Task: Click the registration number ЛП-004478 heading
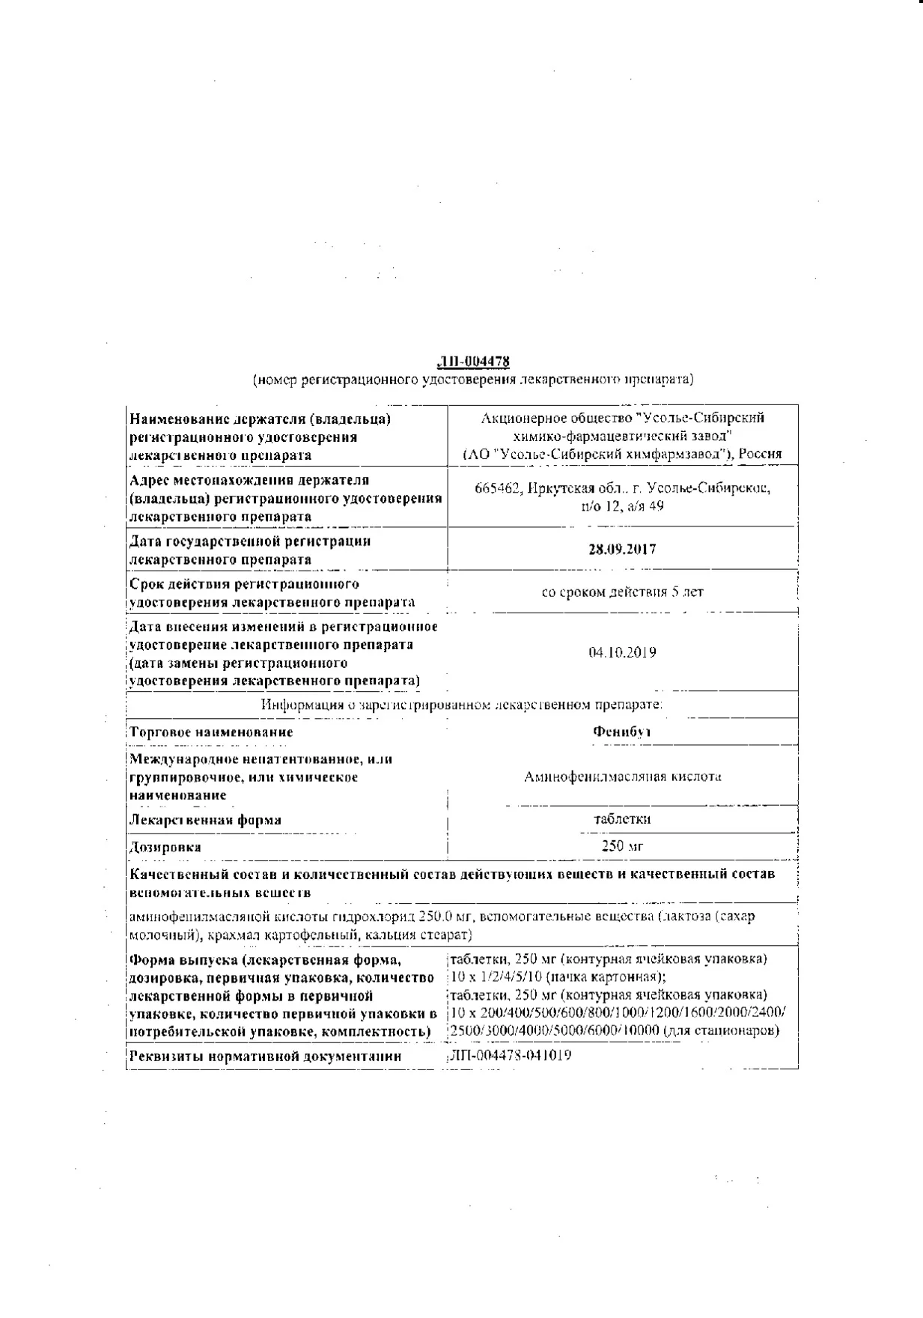pos(473,362)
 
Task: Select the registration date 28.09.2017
pos(622,549)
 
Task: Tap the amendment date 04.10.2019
pos(622,652)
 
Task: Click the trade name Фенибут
pos(621,732)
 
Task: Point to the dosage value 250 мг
pos(622,846)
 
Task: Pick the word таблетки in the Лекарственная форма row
pos(621,819)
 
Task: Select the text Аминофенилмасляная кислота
pos(623,777)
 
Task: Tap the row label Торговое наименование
pos(211,732)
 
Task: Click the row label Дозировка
pos(165,847)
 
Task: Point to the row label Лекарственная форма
pos(206,819)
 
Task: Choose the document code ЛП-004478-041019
pos(509,1056)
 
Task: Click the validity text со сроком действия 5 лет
pos(622,592)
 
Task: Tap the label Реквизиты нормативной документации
pos(266,1057)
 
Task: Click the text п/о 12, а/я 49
pos(622,506)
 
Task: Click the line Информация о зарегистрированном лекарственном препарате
pos(462,705)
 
